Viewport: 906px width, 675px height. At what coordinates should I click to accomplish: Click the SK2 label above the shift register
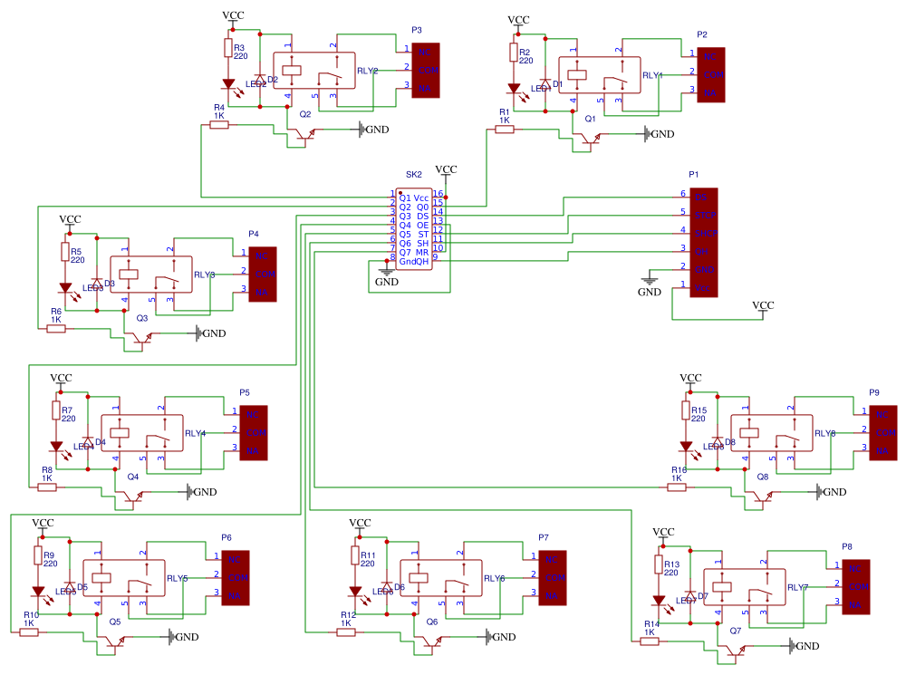tap(413, 173)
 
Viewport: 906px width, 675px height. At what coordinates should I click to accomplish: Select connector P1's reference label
tap(694, 173)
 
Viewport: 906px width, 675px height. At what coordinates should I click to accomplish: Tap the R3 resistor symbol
tap(226, 51)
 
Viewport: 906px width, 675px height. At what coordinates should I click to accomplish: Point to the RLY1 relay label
tap(651, 76)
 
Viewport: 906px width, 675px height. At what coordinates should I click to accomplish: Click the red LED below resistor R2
tap(514, 89)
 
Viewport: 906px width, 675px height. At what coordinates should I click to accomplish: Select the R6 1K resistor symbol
tap(56, 329)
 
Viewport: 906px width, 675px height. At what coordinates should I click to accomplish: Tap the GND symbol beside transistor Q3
tap(196, 333)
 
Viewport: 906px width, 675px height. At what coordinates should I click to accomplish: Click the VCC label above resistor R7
tap(61, 377)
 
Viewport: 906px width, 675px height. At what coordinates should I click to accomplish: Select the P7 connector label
tap(544, 537)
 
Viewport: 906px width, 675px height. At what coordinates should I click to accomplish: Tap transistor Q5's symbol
tap(113, 644)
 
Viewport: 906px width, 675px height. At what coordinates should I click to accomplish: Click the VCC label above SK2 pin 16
tap(446, 169)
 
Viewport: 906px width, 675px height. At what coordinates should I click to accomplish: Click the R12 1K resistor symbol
tap(346, 632)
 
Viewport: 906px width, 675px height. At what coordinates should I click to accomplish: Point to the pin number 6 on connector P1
tap(683, 194)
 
